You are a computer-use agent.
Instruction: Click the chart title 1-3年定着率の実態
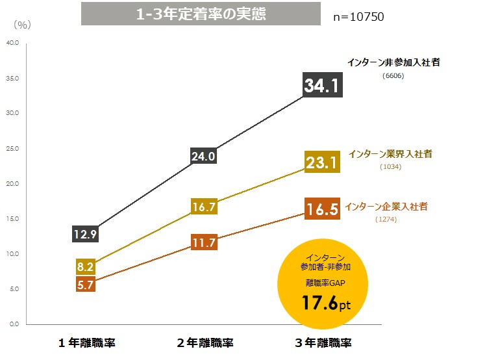[201, 14]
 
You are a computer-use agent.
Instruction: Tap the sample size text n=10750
[358, 17]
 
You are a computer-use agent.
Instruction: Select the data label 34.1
[323, 86]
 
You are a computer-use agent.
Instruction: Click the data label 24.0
[203, 156]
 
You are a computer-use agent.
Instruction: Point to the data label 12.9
[85, 234]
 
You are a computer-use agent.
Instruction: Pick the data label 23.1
[323, 162]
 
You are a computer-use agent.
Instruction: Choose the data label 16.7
[203, 207]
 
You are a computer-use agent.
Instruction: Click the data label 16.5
[323, 210]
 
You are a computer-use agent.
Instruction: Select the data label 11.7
[203, 243]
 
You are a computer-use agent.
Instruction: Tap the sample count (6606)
[393, 75]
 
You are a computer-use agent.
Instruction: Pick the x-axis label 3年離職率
[323, 342]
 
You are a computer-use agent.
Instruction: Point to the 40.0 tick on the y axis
[12, 43]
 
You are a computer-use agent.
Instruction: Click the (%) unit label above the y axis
[21, 25]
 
